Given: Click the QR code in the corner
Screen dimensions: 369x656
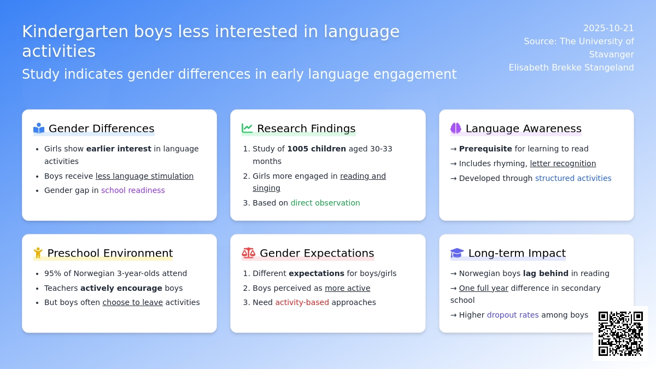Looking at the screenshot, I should pyautogui.click(x=620, y=333).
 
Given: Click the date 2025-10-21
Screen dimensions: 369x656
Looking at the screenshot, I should pyautogui.click(x=608, y=28).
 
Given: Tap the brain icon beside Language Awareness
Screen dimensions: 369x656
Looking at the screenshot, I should pyautogui.click(x=455, y=128).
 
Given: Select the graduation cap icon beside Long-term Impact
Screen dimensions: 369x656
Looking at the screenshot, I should pyautogui.click(x=457, y=253).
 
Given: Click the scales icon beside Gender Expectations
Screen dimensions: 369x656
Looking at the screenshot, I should pyautogui.click(x=248, y=253).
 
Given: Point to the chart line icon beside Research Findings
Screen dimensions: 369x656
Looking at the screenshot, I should pyautogui.click(x=247, y=128).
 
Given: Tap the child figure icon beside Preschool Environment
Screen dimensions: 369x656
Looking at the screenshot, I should pyautogui.click(x=38, y=253).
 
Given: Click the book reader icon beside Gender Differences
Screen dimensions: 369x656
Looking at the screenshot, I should pyautogui.click(x=39, y=128).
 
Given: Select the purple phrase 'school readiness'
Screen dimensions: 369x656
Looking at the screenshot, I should pyautogui.click(x=133, y=190).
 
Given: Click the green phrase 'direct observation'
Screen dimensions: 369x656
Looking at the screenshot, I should pyautogui.click(x=325, y=203).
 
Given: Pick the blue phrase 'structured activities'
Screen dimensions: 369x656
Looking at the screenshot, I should pyautogui.click(x=573, y=178).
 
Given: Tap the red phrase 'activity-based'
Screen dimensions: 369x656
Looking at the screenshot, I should pyautogui.click(x=302, y=302).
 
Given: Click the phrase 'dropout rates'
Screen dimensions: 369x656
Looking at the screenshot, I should pyautogui.click(x=513, y=315).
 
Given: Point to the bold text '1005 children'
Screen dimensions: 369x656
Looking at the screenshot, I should pyautogui.click(x=317, y=149).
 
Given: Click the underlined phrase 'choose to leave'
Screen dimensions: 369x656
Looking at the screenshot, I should pyautogui.click(x=132, y=302).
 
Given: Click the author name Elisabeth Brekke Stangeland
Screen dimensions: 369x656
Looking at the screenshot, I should pyautogui.click(x=571, y=68).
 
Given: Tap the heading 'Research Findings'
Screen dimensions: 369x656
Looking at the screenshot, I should pyautogui.click(x=306, y=128).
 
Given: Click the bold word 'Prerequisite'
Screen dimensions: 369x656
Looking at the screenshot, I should pyautogui.click(x=485, y=149).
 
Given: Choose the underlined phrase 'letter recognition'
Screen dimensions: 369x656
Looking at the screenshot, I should pyautogui.click(x=563, y=163).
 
